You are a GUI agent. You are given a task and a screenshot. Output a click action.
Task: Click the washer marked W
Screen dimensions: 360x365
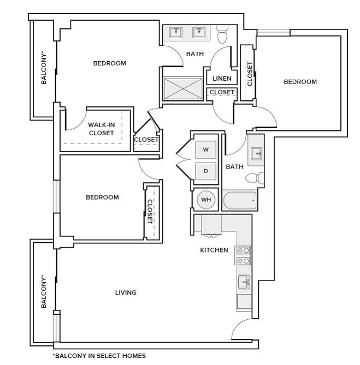point(206,149)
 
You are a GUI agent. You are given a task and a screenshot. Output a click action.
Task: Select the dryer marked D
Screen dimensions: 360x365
point(206,171)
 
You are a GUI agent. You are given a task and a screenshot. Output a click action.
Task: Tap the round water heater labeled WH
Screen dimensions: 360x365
point(206,200)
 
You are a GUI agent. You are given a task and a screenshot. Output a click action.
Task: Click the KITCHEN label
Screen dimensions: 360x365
point(214,250)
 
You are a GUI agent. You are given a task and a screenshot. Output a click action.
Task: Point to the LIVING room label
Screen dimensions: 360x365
point(126,293)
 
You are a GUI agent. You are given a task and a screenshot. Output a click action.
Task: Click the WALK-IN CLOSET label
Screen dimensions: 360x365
point(101,129)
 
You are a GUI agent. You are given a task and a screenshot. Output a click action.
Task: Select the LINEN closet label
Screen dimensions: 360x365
point(222,79)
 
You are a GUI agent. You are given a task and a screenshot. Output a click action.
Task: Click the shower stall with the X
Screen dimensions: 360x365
point(182,89)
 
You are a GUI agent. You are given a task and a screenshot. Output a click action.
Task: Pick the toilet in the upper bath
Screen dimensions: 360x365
point(222,37)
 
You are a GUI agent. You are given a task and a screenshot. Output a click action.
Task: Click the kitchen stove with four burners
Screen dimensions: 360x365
point(243,256)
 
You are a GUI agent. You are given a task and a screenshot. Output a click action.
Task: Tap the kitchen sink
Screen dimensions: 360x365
point(244,282)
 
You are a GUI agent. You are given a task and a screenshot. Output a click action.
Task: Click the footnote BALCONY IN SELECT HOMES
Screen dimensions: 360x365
point(99,356)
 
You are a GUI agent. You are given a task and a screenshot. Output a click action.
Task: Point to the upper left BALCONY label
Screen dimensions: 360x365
point(44,68)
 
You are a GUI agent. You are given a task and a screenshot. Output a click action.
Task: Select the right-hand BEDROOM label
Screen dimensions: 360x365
point(300,82)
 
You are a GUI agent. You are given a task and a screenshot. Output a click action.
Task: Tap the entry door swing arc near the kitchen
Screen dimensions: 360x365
point(240,329)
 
